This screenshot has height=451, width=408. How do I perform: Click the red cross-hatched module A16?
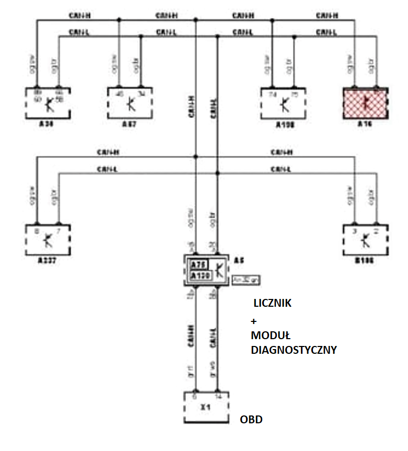point(365,103)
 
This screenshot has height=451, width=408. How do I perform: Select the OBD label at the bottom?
point(251,420)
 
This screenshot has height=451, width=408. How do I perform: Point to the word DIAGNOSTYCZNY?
point(294,350)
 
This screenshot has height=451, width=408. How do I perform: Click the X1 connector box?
point(207,407)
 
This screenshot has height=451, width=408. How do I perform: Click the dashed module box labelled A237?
point(48,239)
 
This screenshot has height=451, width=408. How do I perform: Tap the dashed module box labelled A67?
point(130,103)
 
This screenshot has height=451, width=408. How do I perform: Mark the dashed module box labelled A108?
point(283,103)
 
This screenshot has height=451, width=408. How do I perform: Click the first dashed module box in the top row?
point(48,103)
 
